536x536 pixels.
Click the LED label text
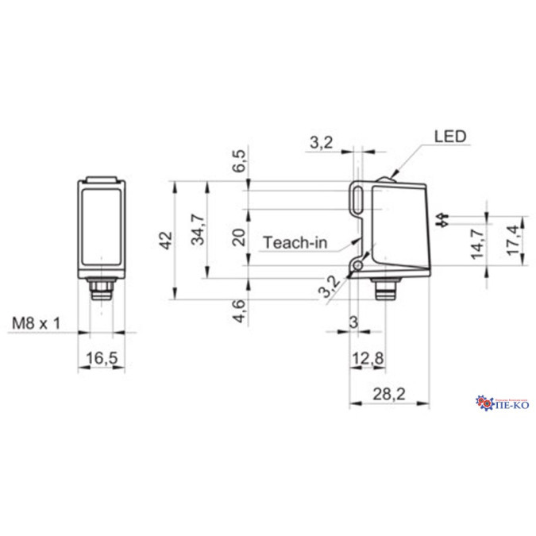tap(449, 136)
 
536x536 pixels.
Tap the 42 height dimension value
tap(166, 241)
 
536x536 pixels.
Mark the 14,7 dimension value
tap(476, 243)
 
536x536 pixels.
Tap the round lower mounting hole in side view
tap(361, 263)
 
